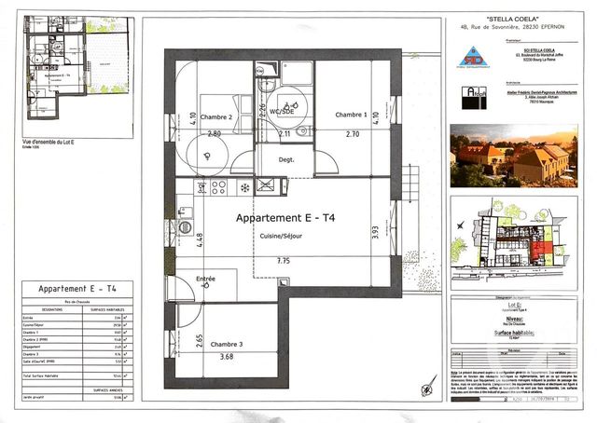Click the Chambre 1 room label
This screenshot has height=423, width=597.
pyautogui.click(x=352, y=115)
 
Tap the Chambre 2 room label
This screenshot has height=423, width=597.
pyautogui.click(x=216, y=118)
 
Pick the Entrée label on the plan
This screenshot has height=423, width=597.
pyautogui.click(x=205, y=279)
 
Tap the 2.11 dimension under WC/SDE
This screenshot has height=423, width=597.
pyautogui.click(x=285, y=134)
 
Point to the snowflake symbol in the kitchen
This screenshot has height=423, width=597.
pyautogui.click(x=244, y=186)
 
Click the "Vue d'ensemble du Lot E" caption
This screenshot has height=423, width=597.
pyautogui.click(x=49, y=142)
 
